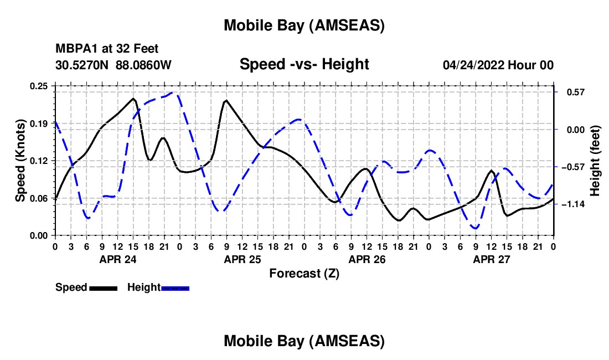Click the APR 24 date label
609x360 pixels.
coord(117,259)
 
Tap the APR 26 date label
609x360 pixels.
coord(367,259)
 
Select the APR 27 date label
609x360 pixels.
coord(491,259)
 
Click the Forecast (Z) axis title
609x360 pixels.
coord(304,273)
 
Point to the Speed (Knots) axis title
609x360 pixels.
coord(20,161)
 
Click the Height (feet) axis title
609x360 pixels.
coord(595,161)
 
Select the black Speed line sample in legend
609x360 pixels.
coord(103,287)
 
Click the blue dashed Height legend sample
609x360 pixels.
coord(176,287)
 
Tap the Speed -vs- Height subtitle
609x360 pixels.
coord(304,64)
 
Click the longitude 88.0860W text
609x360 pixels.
coord(144,65)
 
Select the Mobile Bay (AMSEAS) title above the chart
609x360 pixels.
coord(304,25)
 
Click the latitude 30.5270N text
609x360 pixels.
coord(82,65)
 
